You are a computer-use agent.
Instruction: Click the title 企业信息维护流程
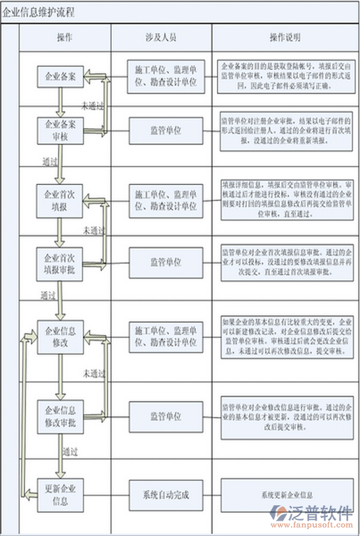[40, 13]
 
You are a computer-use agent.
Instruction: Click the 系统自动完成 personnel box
[165, 495]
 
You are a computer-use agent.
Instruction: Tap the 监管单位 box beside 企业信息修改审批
[165, 417]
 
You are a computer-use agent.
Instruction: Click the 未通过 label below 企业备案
[93, 105]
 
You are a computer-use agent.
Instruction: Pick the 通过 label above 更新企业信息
[69, 450]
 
